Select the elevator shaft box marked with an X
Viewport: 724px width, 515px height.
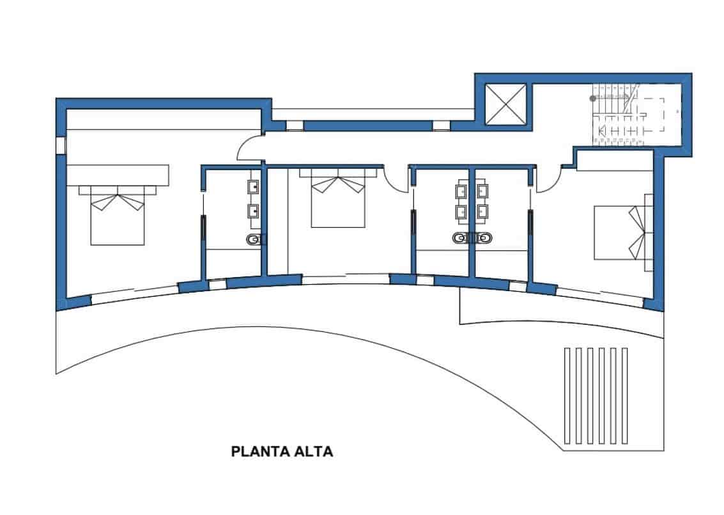pyautogui.click(x=505, y=104)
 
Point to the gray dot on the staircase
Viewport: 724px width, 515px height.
pyautogui.click(x=593, y=99)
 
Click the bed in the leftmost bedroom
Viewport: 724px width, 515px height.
pyautogui.click(x=118, y=214)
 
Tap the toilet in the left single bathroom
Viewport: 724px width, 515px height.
pyautogui.click(x=254, y=240)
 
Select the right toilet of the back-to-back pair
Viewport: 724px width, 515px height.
pyautogui.click(x=484, y=239)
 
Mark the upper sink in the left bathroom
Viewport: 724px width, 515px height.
pyautogui.click(x=252, y=187)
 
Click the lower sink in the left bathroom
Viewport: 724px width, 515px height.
pyautogui.click(x=252, y=210)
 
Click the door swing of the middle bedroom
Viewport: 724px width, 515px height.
pyautogui.click(x=396, y=178)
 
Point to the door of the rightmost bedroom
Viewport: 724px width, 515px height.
pyautogui.click(x=548, y=179)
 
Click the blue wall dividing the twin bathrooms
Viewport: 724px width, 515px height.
pyautogui.click(x=470, y=224)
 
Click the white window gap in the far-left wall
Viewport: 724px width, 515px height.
pyautogui.click(x=60, y=145)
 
